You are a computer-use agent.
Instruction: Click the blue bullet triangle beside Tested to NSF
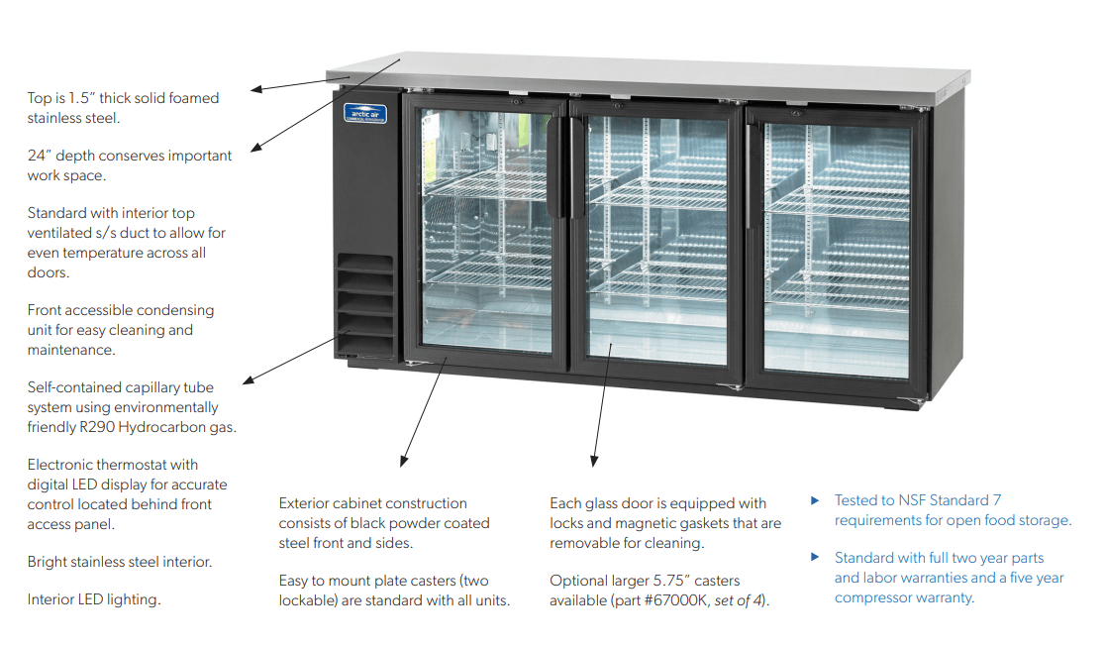point(816,500)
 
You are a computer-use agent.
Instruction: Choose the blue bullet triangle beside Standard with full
point(816,558)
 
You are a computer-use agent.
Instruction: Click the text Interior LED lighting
point(94,599)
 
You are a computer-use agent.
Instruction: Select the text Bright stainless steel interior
point(120,562)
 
